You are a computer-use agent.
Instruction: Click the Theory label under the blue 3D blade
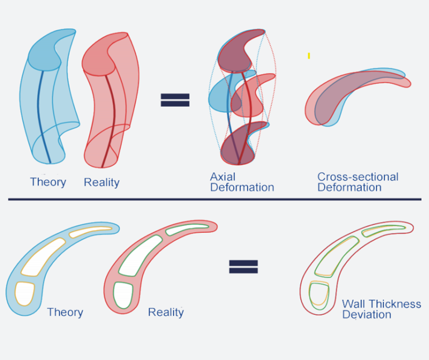(48, 182)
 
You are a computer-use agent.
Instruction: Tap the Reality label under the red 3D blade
(102, 183)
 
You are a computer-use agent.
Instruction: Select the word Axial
(223, 177)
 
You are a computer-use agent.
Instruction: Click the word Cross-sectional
(358, 177)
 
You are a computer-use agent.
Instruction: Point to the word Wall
(353, 304)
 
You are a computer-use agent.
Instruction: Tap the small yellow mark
(309, 56)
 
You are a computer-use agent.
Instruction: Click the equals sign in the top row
(175, 100)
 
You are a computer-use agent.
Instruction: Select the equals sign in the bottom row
(244, 267)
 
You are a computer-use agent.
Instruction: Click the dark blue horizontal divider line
(214, 200)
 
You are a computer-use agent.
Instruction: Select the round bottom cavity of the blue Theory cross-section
(25, 294)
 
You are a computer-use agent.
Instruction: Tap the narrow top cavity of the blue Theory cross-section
(90, 232)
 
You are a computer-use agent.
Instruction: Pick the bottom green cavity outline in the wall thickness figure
(319, 296)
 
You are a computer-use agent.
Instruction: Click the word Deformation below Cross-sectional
(350, 188)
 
